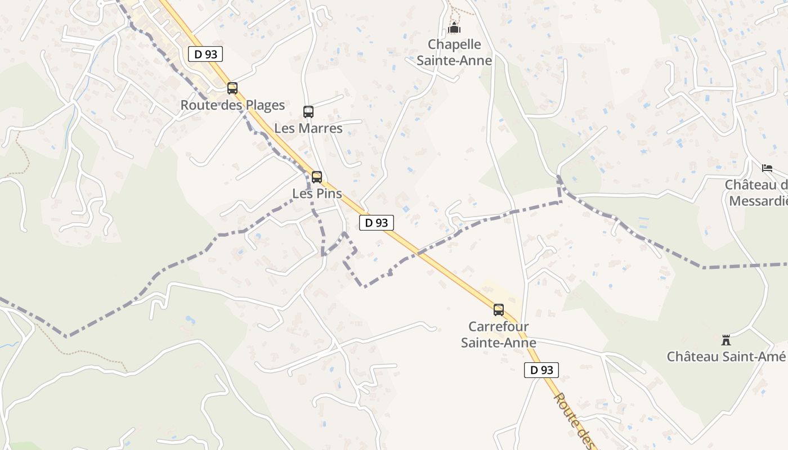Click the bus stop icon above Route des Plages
[232, 88]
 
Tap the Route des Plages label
[232, 105]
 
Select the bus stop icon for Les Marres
[308, 111]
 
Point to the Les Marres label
[308, 128]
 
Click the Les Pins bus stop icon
[317, 177]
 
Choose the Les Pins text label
[317, 193]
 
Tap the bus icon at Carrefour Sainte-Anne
[499, 310]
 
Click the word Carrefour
[499, 326]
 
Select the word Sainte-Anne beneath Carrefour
[499, 342]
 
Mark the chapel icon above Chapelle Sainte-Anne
[454, 28]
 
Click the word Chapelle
[454, 44]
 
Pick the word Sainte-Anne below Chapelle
[454, 60]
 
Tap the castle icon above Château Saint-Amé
[726, 340]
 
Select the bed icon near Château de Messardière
[767, 168]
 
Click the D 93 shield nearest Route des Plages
[205, 54]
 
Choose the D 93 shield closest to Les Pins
[377, 223]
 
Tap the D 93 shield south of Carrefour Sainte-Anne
[541, 370]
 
